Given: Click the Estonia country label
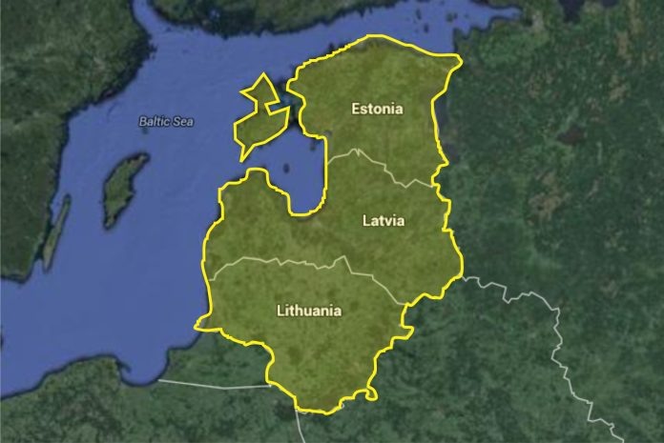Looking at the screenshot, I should point(377,109).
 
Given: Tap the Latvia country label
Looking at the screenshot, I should point(384,221).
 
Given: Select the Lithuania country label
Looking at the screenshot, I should point(308,311).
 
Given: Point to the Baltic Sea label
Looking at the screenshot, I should point(166,122).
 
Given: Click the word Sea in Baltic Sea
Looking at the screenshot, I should point(183,122).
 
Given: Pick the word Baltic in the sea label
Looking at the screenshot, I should point(155,122).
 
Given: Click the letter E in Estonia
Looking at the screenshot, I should point(355,109).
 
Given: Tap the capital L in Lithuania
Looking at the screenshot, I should point(280,311).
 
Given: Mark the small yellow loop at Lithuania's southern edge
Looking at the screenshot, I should point(368,393).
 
